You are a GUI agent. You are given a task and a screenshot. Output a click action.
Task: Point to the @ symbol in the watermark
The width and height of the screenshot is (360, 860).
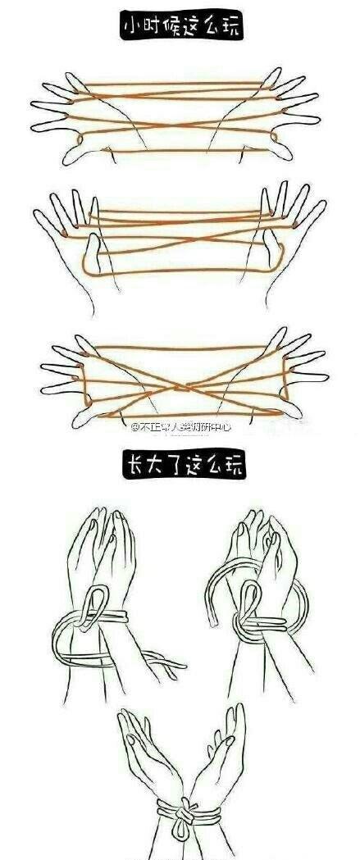(134, 426)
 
